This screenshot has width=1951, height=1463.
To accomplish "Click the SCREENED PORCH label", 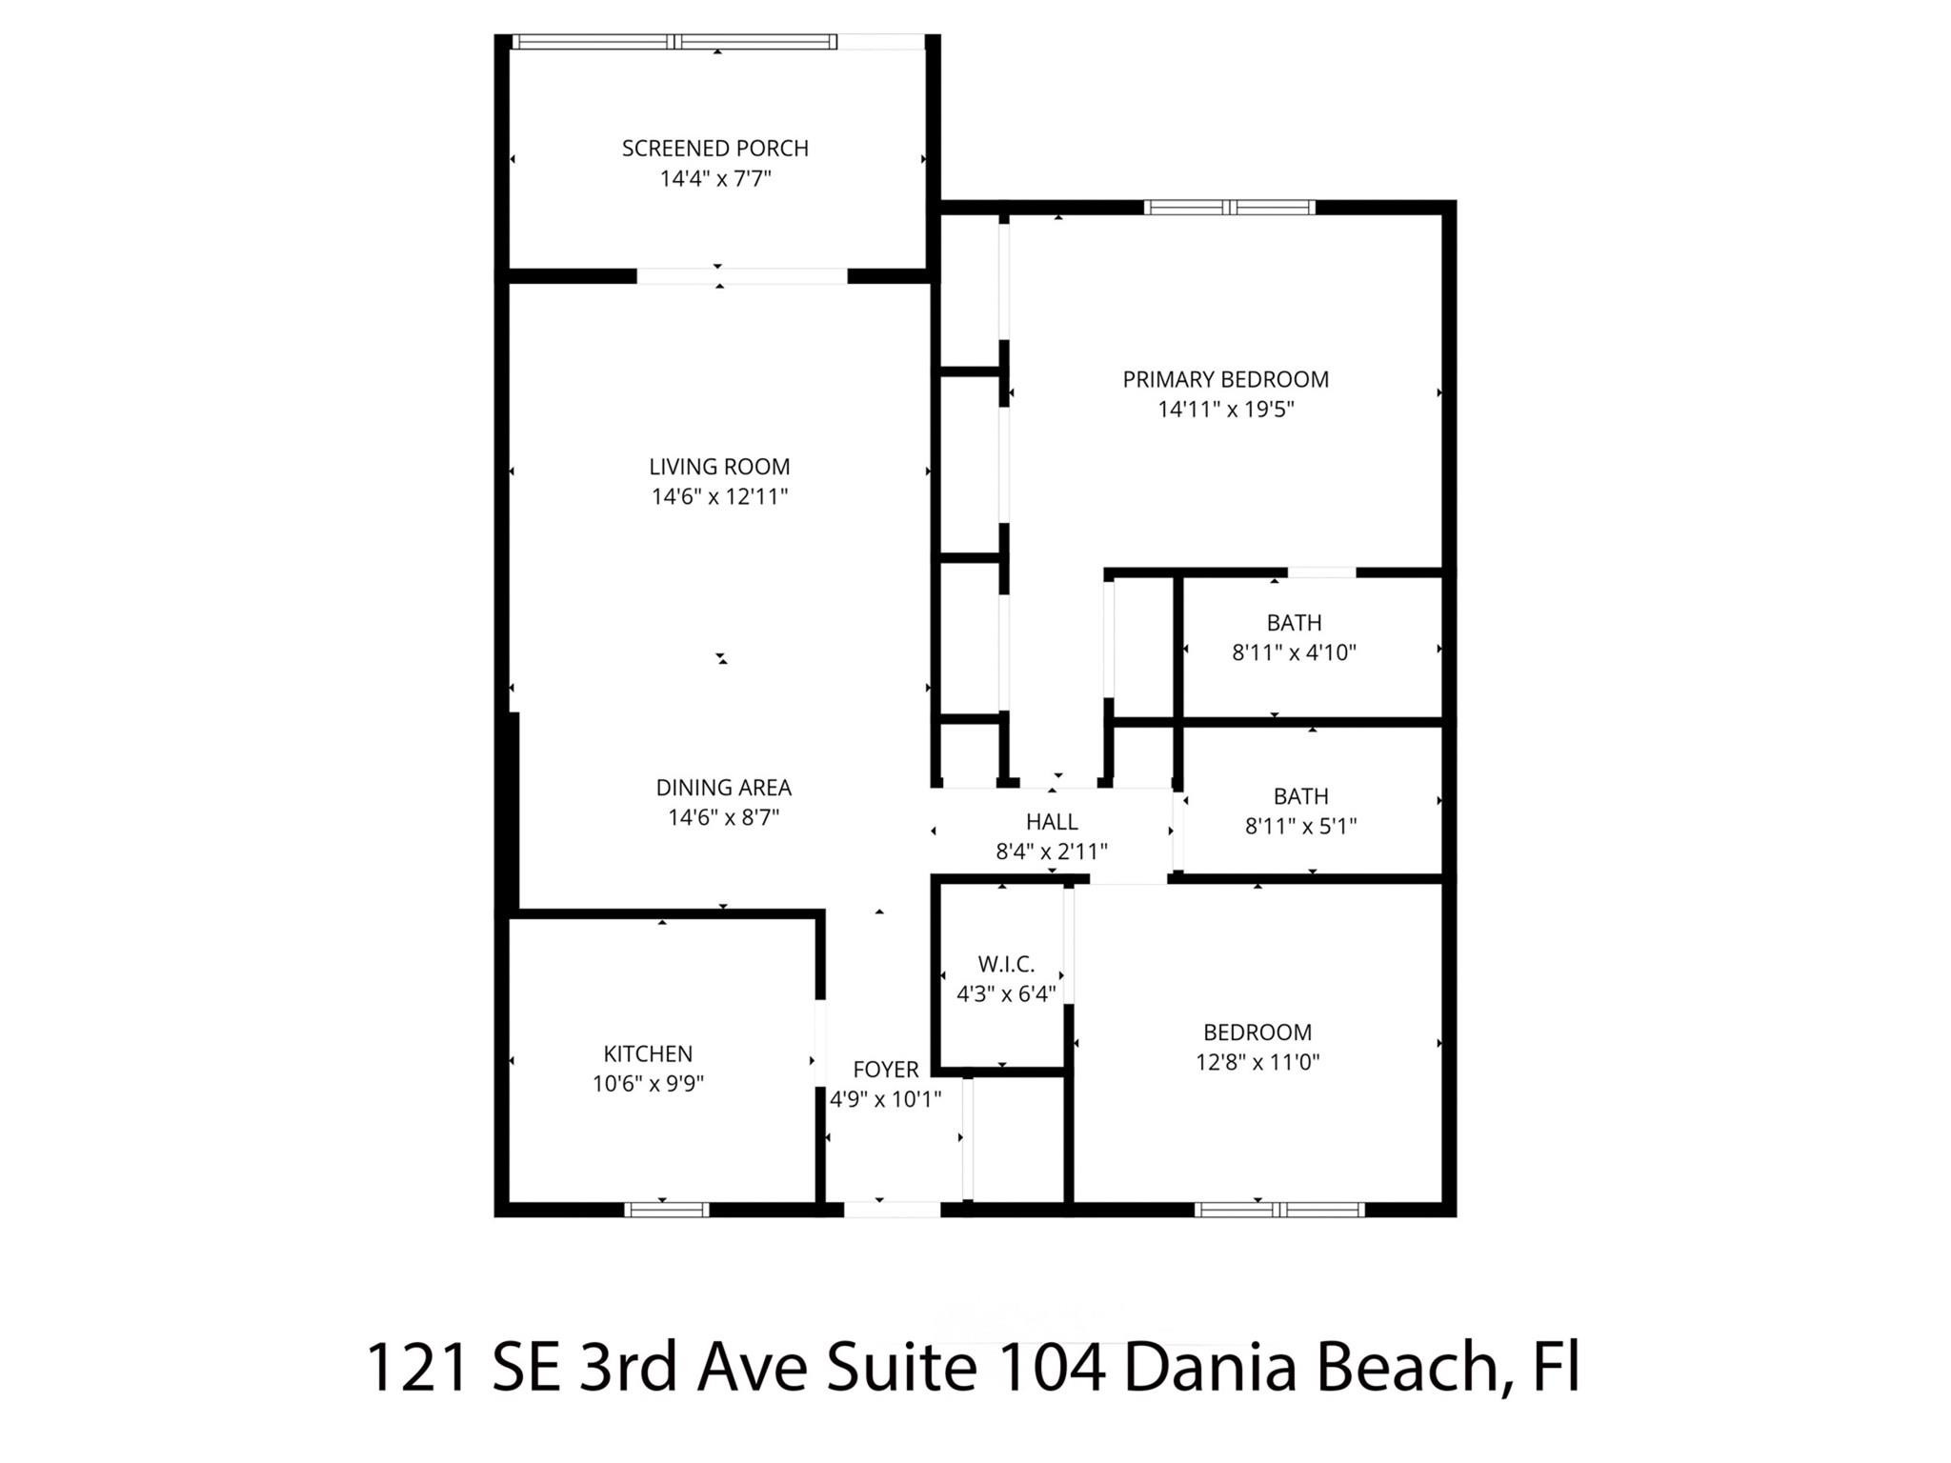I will (714, 149).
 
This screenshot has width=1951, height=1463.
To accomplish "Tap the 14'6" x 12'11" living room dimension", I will (719, 496).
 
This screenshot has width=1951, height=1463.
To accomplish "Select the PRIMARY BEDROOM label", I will (1225, 379).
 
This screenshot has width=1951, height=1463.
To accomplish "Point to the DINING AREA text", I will (723, 788).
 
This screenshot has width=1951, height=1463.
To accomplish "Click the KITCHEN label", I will (648, 1053).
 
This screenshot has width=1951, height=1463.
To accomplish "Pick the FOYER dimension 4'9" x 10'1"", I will (885, 1099).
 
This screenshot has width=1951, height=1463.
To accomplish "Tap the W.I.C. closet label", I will (1006, 963).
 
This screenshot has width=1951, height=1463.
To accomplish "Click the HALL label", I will (1052, 821).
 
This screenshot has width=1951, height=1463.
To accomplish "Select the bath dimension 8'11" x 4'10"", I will (1294, 652).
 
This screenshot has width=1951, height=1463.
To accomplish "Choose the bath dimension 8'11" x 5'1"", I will (1300, 826).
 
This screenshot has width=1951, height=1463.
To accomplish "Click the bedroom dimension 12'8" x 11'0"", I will (1257, 1062).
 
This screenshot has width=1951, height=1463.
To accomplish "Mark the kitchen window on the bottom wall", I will (667, 1210).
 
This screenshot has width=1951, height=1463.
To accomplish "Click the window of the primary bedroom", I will (1229, 207).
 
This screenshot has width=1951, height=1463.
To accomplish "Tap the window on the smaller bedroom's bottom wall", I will (1279, 1210).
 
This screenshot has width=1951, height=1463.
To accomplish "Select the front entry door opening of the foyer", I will (892, 1210).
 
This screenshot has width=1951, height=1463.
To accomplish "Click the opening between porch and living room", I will (741, 276).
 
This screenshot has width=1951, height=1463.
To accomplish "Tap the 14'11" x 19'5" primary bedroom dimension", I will (1225, 410).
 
